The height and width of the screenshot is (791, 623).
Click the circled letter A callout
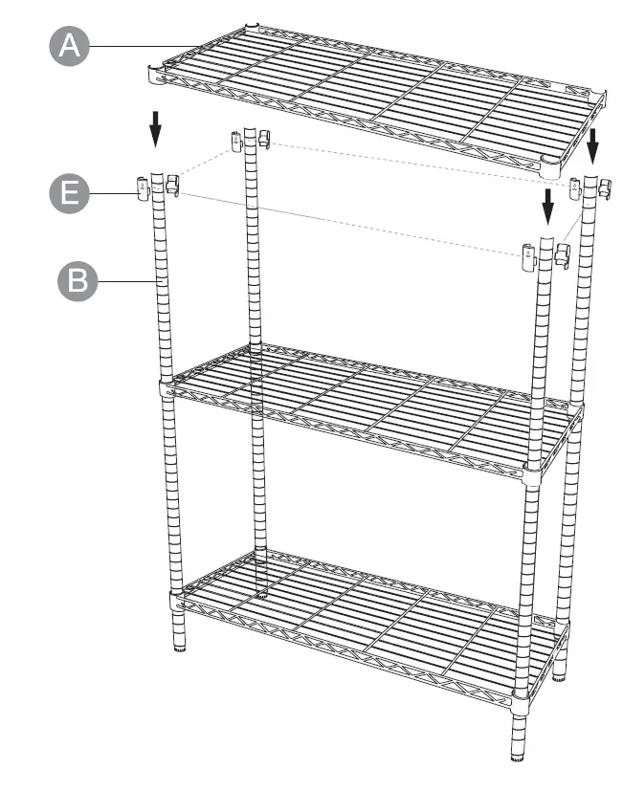[68, 46]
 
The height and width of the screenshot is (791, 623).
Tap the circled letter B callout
[78, 282]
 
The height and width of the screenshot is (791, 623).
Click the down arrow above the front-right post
[547, 204]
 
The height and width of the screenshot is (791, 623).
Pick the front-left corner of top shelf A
[156, 70]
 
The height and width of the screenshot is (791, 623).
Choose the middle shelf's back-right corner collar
[575, 411]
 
